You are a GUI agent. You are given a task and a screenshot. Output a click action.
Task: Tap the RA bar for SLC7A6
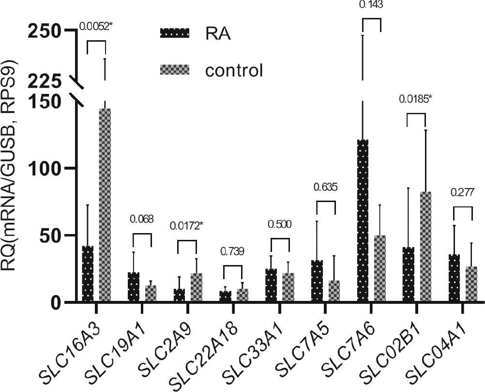363,221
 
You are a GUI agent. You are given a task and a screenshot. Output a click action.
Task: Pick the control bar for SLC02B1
425,247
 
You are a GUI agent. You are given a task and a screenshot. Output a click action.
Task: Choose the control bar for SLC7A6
380,268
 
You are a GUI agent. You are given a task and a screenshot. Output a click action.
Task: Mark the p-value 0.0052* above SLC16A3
96,25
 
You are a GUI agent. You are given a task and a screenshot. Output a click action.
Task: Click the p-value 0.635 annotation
325,187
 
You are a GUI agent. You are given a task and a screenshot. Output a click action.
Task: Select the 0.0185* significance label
415,99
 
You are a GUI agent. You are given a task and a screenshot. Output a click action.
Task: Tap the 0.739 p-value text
233,251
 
